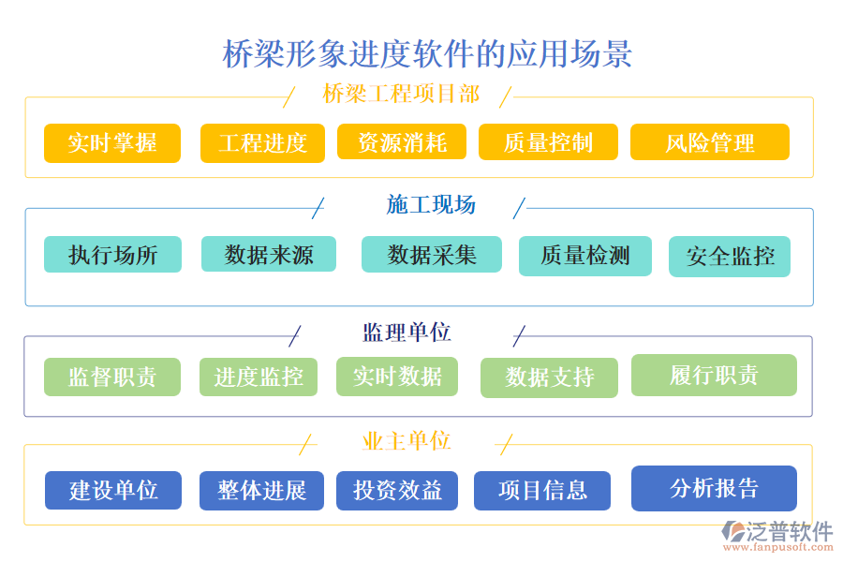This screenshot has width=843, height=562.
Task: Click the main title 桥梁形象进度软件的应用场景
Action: (427, 53)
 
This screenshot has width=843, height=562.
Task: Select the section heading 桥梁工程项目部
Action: (401, 95)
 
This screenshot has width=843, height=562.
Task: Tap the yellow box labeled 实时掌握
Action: (112, 143)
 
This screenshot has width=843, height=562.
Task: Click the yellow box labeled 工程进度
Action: (262, 143)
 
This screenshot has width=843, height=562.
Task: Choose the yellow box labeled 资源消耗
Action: (402, 142)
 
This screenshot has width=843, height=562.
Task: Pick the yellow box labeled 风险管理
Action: (709, 142)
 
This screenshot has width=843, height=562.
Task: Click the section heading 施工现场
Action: (431, 205)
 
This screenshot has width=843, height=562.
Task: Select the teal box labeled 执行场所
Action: (112, 254)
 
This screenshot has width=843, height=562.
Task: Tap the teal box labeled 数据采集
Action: (431, 254)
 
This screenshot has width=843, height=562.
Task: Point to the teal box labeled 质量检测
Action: (585, 256)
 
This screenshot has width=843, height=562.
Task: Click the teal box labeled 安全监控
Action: (730, 257)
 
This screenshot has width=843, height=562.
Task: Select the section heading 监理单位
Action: (407, 333)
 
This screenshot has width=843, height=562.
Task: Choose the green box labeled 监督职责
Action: (112, 377)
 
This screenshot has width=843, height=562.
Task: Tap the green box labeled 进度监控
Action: (259, 377)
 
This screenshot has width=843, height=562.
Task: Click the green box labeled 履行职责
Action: (714, 375)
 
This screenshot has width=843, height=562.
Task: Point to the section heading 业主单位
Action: (407, 441)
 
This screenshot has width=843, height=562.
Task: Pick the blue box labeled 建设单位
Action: (113, 490)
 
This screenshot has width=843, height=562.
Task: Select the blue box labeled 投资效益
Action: (397, 490)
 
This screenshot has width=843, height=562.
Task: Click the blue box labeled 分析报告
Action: (714, 488)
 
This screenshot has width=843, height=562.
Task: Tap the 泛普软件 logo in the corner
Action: (777, 536)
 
